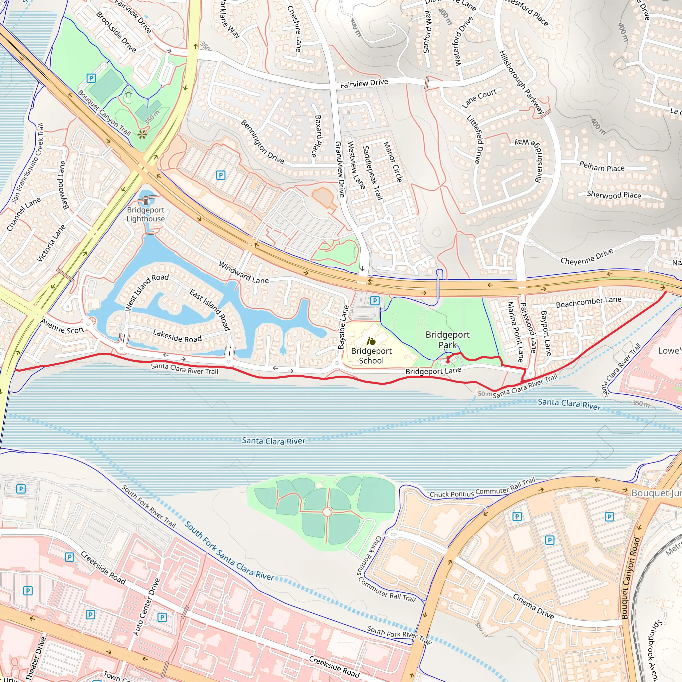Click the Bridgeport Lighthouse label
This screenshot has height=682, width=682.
point(146,214)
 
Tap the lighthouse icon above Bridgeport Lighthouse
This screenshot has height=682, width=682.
point(146,200)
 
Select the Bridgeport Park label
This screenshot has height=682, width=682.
point(447,340)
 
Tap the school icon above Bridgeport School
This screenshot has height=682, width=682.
point(371,341)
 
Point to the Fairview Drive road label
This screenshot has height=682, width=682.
point(364,83)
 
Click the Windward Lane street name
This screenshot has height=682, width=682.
point(243,272)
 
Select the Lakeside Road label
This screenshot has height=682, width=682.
point(177,336)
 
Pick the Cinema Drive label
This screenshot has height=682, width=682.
point(533,606)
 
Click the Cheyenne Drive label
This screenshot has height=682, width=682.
point(587,257)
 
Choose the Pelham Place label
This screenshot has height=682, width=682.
point(602,166)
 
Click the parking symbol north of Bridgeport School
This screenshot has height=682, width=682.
point(375,301)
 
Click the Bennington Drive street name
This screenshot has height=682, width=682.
point(262,142)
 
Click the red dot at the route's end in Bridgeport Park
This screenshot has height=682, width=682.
point(448,361)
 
